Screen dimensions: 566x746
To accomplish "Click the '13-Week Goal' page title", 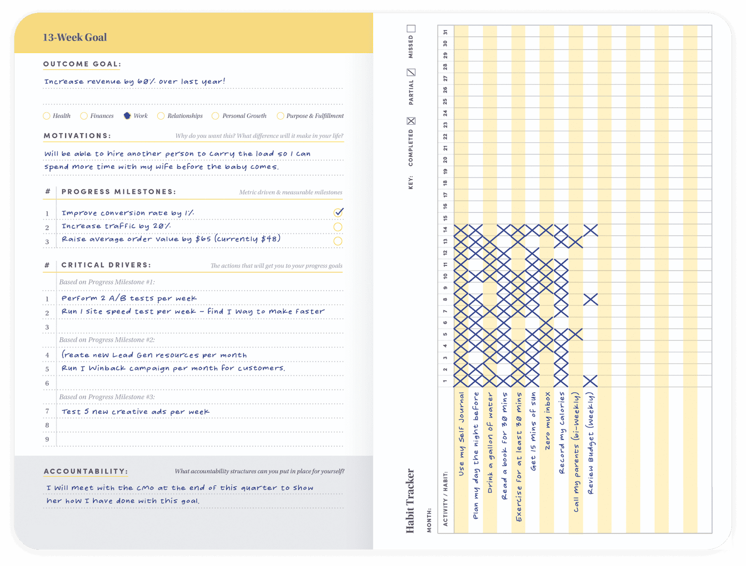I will click(75, 37).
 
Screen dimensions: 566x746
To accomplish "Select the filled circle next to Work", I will click(127, 116).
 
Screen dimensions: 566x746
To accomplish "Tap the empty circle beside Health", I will click(46, 116).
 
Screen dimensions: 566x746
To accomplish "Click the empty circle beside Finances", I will click(84, 116).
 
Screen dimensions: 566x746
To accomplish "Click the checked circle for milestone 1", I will click(338, 213).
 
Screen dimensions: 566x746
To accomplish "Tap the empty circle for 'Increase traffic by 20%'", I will click(338, 227).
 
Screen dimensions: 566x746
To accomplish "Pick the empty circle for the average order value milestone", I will click(338, 241).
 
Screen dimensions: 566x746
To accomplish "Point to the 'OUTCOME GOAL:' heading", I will click(82, 64).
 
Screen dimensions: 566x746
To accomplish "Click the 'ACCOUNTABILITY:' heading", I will click(86, 471).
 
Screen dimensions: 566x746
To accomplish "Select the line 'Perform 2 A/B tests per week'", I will click(129, 298).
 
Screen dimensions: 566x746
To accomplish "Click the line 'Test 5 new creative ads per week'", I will click(135, 411).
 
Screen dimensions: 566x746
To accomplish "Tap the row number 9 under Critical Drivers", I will click(47, 439).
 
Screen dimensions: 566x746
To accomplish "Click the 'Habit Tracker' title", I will click(410, 501).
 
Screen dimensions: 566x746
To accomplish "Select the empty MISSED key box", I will click(411, 29).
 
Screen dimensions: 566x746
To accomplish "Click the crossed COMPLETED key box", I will click(411, 121).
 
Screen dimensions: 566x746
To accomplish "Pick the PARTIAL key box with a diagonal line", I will click(411, 72).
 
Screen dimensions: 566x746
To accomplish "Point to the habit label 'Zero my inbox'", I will click(547, 421).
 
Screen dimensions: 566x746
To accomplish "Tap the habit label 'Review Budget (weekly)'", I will click(590, 443).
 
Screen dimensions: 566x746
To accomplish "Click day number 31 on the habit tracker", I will click(445, 32).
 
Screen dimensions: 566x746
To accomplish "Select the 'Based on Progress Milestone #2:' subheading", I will click(107, 340).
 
